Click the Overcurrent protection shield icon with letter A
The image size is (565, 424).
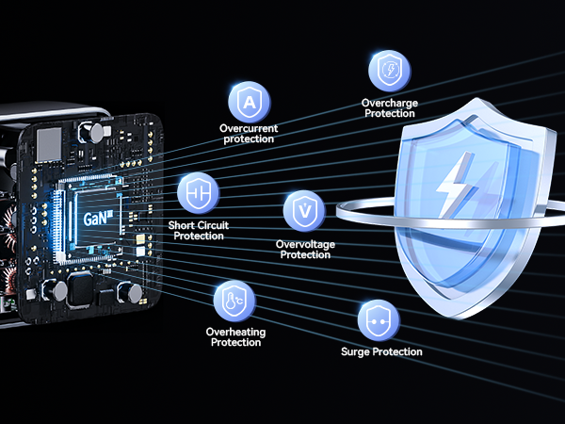pos(250,102)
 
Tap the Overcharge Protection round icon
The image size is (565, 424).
pos(390,71)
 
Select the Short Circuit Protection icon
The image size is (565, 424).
pos(198,193)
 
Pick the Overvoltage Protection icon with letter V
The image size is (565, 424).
pos(304,211)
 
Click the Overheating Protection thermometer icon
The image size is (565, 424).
pos(234,302)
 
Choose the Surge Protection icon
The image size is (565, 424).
pos(379,320)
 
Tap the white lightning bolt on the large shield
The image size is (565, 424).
pos(455,186)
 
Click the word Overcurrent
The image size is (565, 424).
pos(249,128)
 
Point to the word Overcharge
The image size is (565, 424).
pos(390,103)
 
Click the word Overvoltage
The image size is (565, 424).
pos(305,244)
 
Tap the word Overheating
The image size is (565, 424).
pos(235,332)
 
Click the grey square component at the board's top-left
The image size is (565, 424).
pos(49,144)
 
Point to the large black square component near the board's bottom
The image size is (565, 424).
pos(81,289)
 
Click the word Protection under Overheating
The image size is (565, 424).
pos(235,343)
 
